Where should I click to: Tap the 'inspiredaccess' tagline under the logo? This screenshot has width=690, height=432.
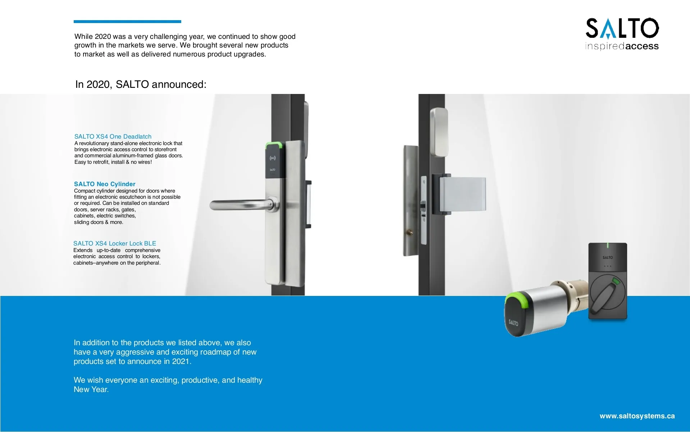tap(622, 46)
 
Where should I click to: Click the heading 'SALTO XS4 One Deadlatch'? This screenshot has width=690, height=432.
tap(113, 136)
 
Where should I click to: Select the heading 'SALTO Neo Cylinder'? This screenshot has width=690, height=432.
tap(105, 184)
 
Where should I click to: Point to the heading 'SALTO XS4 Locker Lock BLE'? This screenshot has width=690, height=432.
tap(115, 243)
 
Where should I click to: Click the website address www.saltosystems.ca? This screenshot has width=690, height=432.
tap(637, 416)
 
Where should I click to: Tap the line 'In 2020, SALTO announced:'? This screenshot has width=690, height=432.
tap(141, 84)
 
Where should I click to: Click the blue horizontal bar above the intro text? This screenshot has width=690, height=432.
tap(127, 22)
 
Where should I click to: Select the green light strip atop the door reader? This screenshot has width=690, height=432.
tap(273, 145)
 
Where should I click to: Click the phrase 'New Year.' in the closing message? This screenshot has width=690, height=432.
tap(91, 390)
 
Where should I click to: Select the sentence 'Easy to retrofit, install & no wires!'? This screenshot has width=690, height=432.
tap(113, 162)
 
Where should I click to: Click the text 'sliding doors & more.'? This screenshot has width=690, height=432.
tap(99, 222)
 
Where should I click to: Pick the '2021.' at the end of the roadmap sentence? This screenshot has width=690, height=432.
tap(182, 361)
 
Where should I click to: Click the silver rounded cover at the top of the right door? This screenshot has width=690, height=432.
tap(439, 132)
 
